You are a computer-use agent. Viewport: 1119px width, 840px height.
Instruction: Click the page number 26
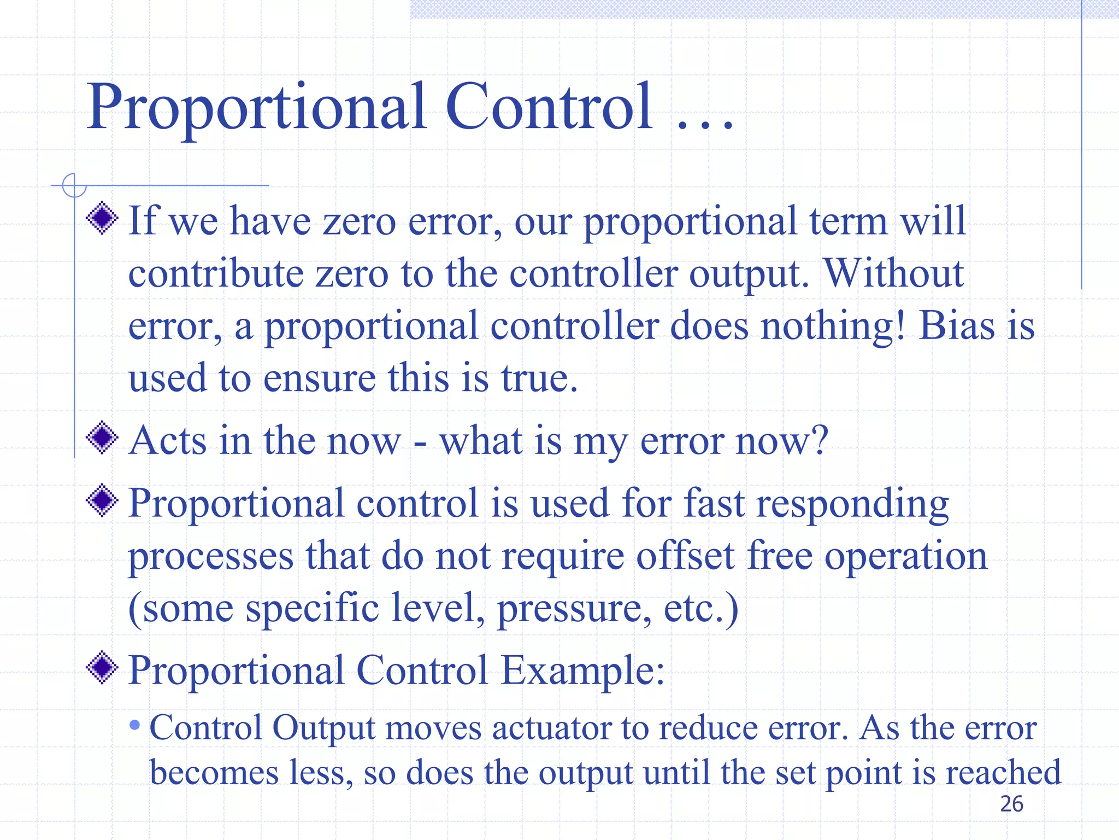[x=1011, y=804]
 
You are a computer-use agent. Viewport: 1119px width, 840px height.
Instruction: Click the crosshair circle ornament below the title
[x=74, y=185]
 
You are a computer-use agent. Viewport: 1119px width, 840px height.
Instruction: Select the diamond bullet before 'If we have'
[x=102, y=218]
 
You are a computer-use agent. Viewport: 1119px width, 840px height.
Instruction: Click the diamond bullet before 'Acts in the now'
[x=102, y=437]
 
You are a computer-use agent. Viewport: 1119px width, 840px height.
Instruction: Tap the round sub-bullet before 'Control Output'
[x=135, y=726]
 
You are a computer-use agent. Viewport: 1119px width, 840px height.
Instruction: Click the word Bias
[x=956, y=326]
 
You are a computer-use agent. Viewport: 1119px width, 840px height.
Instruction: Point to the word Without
[x=893, y=273]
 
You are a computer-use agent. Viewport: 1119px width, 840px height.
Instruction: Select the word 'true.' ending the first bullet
[x=539, y=378]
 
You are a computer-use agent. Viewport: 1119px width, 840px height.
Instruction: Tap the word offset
[x=685, y=556]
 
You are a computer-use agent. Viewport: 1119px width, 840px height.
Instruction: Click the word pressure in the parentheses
[x=574, y=609]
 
